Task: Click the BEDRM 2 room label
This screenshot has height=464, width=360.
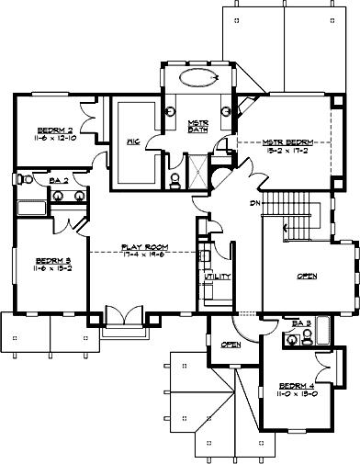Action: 54,130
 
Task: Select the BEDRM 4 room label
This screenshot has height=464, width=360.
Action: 296,385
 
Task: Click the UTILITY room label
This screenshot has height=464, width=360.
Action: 218,276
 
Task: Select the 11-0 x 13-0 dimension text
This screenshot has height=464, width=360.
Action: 296,393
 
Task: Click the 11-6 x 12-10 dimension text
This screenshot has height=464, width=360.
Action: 54,138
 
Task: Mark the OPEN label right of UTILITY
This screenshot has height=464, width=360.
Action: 309,276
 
